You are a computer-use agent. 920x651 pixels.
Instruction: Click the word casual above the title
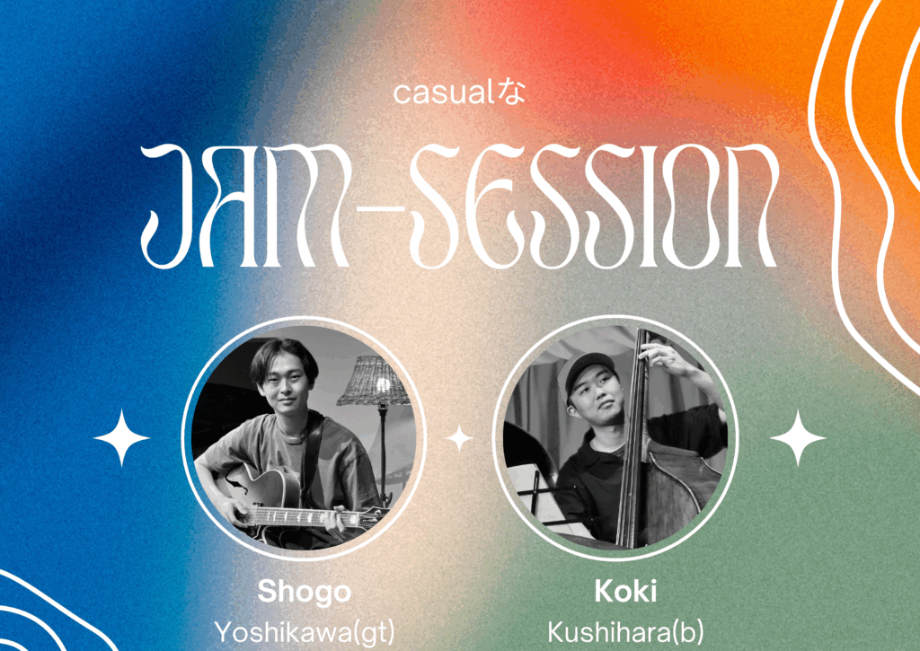click(x=444, y=94)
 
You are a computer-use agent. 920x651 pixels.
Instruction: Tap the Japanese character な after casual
click(x=511, y=93)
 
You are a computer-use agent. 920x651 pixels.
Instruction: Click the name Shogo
click(x=305, y=592)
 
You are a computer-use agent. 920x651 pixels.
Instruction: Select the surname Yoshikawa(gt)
click(x=305, y=632)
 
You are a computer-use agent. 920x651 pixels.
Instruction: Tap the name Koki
click(x=625, y=591)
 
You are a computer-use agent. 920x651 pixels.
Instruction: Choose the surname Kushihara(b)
click(x=625, y=632)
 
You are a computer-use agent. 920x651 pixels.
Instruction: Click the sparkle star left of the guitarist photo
click(x=121, y=437)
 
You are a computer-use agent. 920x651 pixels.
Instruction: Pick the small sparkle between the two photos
click(x=459, y=438)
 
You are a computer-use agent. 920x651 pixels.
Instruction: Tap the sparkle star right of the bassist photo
click(x=798, y=437)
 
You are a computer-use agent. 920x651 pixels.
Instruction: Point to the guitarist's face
click(x=284, y=388)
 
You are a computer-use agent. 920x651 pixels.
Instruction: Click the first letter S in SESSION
click(x=438, y=206)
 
